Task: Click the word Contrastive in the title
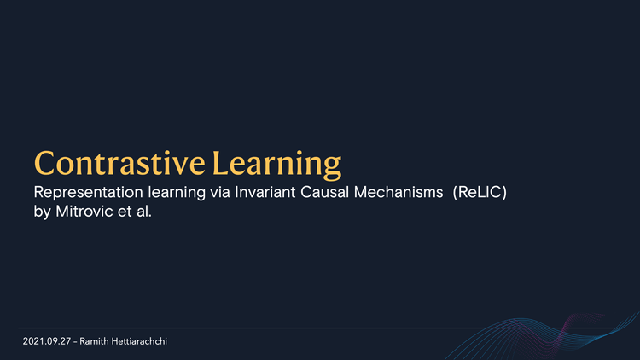[x=119, y=162]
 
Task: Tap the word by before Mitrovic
[x=43, y=211]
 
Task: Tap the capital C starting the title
[x=45, y=162]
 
